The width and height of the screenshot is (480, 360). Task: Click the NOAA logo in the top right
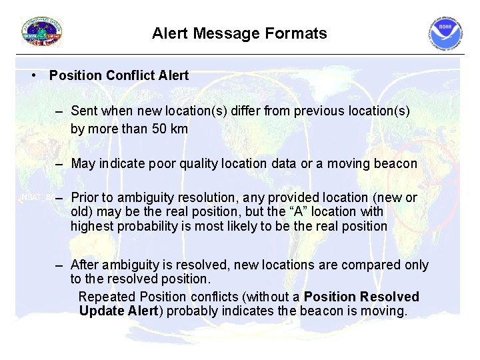[x=445, y=33]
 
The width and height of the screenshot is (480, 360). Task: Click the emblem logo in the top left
[x=42, y=31]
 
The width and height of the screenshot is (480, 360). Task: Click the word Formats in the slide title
[x=299, y=33]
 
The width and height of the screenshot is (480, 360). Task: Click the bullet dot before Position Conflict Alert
[x=33, y=75]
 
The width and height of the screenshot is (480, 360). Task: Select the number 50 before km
[x=160, y=129]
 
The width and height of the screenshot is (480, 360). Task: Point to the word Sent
[x=84, y=111]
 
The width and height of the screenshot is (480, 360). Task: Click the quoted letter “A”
[x=284, y=211]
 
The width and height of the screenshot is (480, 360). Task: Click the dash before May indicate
[x=60, y=163]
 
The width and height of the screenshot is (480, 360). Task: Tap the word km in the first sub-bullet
[x=179, y=129]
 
